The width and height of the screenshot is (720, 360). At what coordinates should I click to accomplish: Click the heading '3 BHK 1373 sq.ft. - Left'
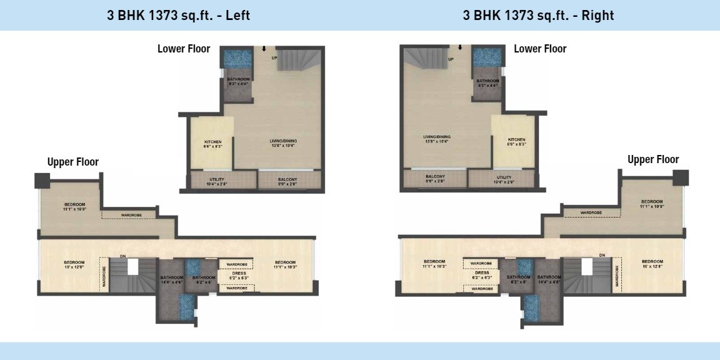coord(179,16)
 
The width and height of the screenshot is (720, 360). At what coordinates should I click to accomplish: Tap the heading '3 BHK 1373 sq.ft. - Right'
coord(538,16)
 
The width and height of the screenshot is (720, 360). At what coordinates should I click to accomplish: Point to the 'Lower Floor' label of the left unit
coord(184,49)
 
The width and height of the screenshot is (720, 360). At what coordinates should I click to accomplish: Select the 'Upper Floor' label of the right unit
coord(653,160)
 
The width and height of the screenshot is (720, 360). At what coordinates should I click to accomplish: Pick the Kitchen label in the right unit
coord(516,141)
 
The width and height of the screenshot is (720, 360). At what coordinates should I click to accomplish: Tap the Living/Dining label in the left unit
coord(284,143)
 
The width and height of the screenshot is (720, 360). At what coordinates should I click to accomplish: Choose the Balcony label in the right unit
coord(435,179)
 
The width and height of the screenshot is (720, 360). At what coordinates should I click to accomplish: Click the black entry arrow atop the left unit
coord(263,49)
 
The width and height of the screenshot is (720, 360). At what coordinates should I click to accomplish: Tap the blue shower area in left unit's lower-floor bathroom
coord(237,60)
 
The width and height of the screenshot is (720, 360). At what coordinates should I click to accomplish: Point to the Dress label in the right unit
coord(481,274)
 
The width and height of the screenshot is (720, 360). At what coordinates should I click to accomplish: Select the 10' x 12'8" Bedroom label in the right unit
coord(652,263)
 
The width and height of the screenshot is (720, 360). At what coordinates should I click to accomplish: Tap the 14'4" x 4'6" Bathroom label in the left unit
coord(171,280)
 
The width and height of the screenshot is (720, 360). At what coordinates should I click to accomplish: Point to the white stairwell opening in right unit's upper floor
coord(586,266)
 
